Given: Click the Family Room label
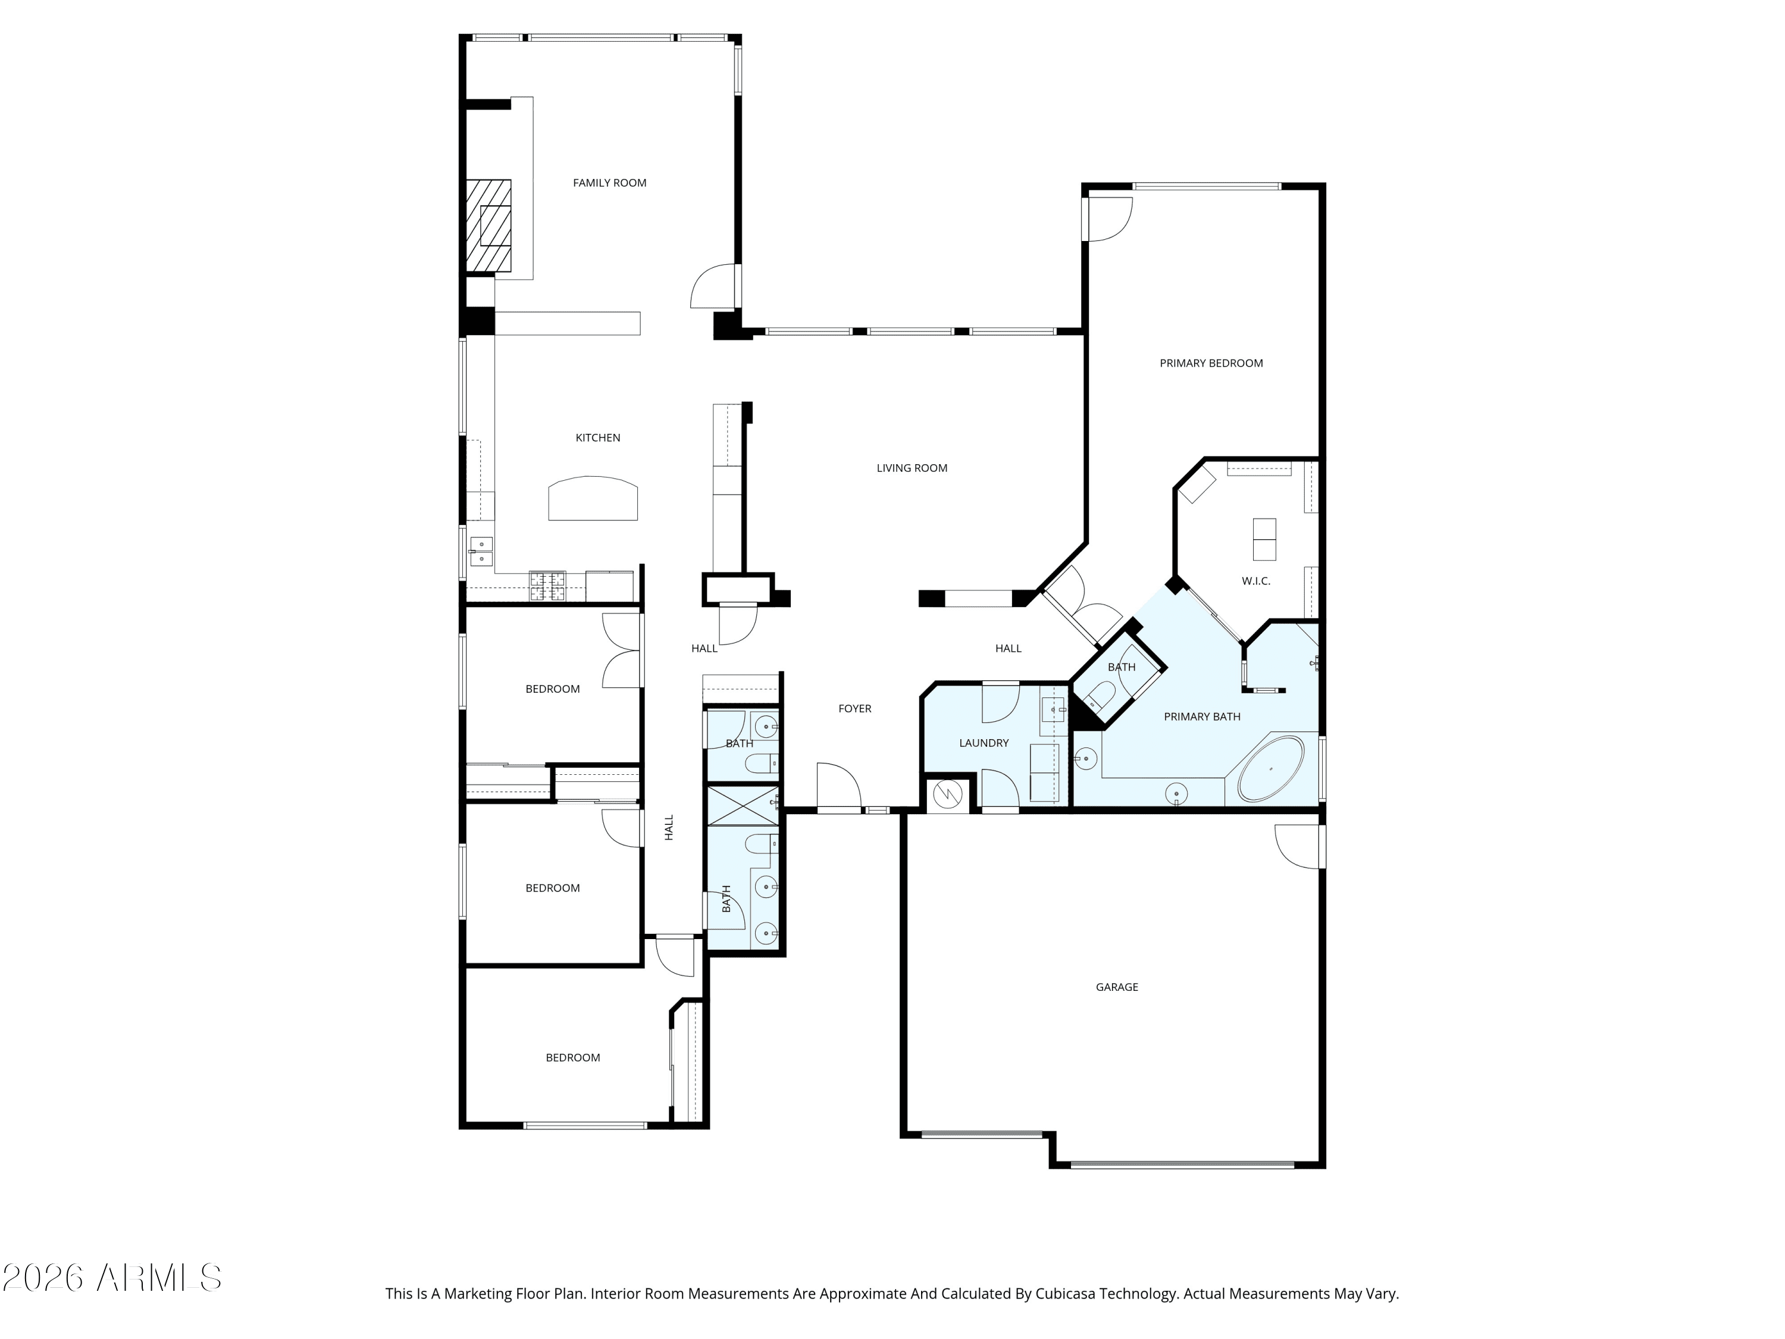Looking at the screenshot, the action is (x=609, y=183).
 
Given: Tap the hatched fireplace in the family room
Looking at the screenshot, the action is (x=489, y=225).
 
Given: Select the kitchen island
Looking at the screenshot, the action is (x=593, y=498).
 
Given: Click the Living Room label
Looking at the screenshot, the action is (x=912, y=468).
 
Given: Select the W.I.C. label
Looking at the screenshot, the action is (x=1255, y=581).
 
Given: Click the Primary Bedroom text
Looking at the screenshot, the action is (x=1211, y=363).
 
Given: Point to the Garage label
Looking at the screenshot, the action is (x=1117, y=987).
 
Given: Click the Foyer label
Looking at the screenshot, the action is (x=854, y=709).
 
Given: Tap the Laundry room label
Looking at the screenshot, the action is (x=984, y=743).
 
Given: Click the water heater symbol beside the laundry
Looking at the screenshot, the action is (x=947, y=795).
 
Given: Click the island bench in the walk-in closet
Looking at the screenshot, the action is (x=1264, y=539).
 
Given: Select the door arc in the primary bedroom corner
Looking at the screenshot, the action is (x=1110, y=219).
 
